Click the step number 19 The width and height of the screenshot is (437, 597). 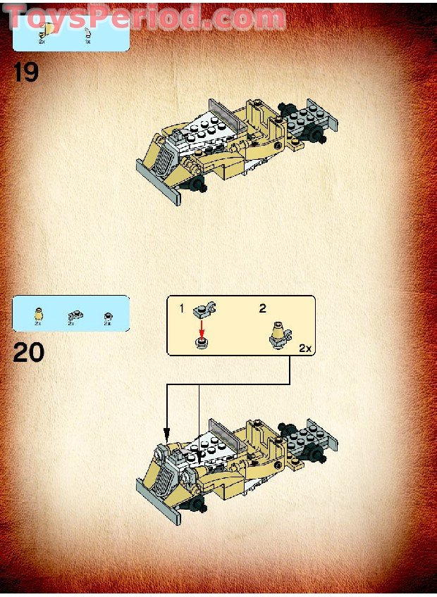pos(26,72)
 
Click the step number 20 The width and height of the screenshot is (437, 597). pos(29,351)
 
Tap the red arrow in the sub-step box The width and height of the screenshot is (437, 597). pos(202,327)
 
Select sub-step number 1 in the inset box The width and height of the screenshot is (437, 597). pos(180,308)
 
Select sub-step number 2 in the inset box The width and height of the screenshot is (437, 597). pos(262,308)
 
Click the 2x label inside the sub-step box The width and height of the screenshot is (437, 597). pos(304,348)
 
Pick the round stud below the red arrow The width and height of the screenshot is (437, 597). pos(202,344)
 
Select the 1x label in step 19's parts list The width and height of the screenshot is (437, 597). pos(88,42)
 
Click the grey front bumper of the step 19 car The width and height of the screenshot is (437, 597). pos(159,182)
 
